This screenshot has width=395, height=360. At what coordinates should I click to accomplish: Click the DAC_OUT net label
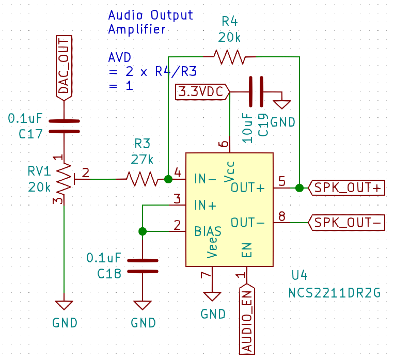coord(64,67)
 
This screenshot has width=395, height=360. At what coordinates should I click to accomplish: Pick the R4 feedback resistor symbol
coord(230,56)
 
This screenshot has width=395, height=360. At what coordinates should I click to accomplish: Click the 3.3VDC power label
coord(203,92)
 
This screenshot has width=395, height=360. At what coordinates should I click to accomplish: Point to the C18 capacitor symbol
coord(143,265)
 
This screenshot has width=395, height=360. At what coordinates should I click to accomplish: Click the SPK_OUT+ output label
coord(346,188)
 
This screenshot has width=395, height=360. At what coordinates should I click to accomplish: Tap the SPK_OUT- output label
coord(346,223)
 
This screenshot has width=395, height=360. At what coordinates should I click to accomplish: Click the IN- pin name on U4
coord(205,179)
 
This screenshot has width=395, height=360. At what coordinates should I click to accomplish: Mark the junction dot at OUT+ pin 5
coord(299,188)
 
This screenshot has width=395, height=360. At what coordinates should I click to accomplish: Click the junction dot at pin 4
coord(168,179)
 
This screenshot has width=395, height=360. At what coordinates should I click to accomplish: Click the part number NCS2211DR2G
coord(335,293)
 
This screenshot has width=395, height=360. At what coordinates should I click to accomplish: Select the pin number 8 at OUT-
coord(282,216)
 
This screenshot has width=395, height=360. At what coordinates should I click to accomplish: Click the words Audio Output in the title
coord(150,14)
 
